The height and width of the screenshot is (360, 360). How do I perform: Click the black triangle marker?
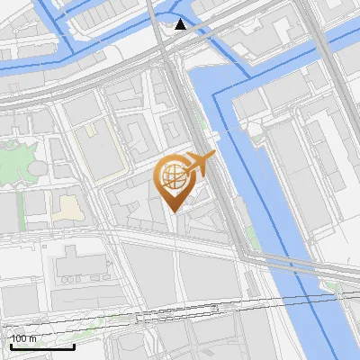tap(182, 23)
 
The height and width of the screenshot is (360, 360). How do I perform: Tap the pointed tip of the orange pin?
tap(172, 211)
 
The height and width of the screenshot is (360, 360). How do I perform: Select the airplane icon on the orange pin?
tap(200, 164)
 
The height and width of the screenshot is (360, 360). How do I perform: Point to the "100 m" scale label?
tap(23, 338)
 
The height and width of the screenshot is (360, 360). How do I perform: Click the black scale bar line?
tap(41, 346)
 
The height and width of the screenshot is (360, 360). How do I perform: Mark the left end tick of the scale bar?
tap(9, 345)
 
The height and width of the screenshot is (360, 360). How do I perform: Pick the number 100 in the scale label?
tap(19, 338)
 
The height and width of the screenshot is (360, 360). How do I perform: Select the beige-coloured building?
tap(66, 209)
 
